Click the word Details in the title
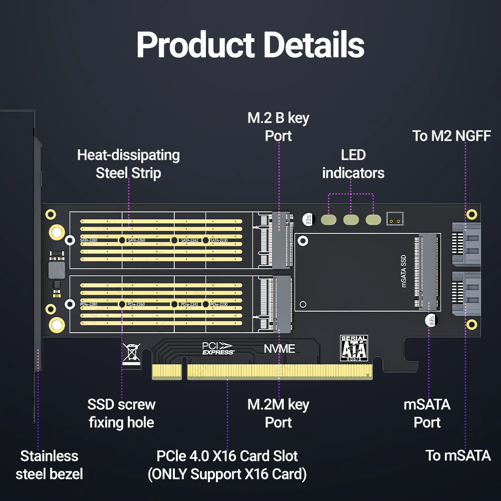click(314, 45)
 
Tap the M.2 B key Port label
click(278, 127)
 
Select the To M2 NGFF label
click(451, 136)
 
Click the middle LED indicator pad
click(351, 219)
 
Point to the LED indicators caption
click(353, 164)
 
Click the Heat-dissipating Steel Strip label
click(128, 164)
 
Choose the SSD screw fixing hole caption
click(121, 413)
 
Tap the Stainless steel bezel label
click(49, 465)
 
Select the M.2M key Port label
click(278, 413)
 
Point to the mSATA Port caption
click(427, 413)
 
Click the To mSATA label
click(458, 455)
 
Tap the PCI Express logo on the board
click(217, 348)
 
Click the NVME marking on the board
click(280, 349)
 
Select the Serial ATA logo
click(354, 348)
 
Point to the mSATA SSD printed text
click(404, 271)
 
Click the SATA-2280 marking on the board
click(89, 240)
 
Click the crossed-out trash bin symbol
click(132, 352)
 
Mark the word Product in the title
click(195, 45)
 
